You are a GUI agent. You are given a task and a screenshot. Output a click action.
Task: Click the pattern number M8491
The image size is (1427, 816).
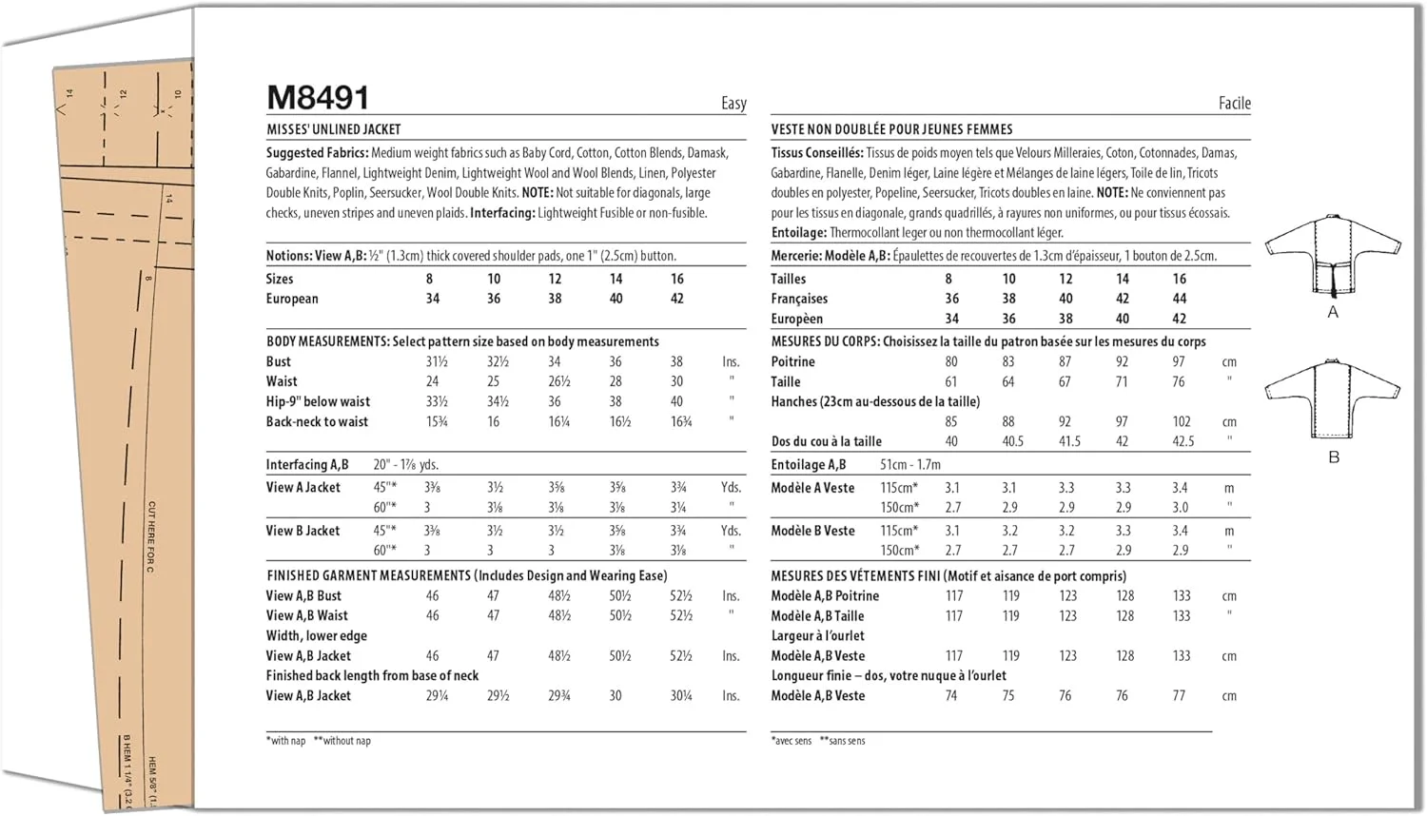pyautogui.click(x=317, y=97)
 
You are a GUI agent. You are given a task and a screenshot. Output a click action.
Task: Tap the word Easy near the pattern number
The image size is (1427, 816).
pyautogui.click(x=733, y=103)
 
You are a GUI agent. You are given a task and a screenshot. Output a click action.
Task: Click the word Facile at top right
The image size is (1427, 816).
pyautogui.click(x=1234, y=103)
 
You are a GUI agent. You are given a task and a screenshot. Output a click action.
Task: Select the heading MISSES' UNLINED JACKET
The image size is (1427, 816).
pyautogui.click(x=333, y=129)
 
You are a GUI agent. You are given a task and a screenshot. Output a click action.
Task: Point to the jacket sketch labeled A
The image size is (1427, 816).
pyautogui.click(x=1332, y=255)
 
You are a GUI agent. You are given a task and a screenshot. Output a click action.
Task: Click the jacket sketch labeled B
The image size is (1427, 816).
pyautogui.click(x=1332, y=398)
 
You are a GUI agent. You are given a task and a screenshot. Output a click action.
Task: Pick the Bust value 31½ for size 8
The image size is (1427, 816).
pyautogui.click(x=436, y=361)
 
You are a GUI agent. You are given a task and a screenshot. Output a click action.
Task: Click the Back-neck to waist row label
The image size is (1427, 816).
pyautogui.click(x=317, y=421)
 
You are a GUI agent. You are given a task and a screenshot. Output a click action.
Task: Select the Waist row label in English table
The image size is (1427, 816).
pyautogui.click(x=282, y=381)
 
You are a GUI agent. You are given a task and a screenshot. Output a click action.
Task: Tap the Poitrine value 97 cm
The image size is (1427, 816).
pyautogui.click(x=1179, y=361)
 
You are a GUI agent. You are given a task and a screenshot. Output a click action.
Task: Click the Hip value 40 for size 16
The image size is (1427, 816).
pyautogui.click(x=676, y=401)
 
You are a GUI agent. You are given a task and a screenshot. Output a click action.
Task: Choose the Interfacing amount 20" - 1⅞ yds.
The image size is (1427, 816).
pyautogui.click(x=405, y=465)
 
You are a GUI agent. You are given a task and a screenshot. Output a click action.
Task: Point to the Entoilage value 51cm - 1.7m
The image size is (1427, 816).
pyautogui.click(x=909, y=465)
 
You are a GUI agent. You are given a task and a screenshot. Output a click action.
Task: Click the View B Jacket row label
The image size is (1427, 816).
pyautogui.click(x=303, y=531)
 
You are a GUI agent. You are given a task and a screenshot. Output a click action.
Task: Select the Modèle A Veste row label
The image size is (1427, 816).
pyautogui.click(x=812, y=488)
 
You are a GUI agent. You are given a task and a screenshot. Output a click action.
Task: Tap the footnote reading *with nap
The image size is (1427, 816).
pyautogui.click(x=286, y=741)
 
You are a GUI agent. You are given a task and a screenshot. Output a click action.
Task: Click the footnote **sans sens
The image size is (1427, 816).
pyautogui.click(x=847, y=741)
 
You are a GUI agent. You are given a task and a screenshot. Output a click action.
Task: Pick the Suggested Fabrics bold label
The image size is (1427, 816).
pyautogui.click(x=317, y=152)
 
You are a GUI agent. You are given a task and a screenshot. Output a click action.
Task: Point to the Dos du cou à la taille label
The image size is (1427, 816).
pyautogui.click(x=826, y=441)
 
